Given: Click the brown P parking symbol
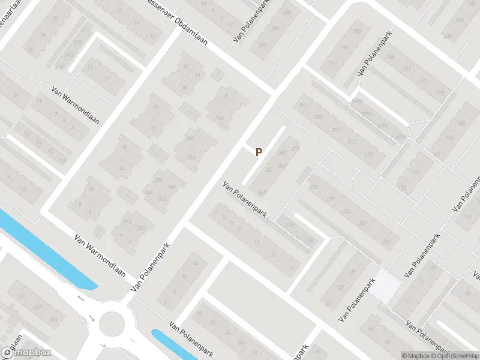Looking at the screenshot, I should [259, 152].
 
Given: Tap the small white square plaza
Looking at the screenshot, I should [386, 285].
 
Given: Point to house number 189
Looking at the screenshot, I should [358, 31].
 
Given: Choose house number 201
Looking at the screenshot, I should [303, 106].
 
